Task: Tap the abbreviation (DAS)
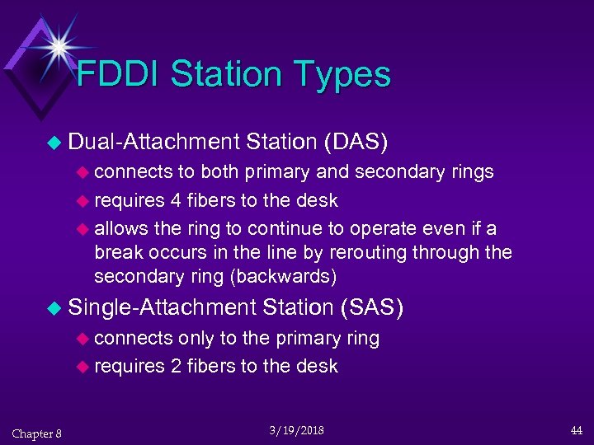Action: (x=356, y=142)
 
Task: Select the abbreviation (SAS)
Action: (x=371, y=307)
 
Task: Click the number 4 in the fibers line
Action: (x=177, y=201)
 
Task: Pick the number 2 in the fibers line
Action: (x=177, y=367)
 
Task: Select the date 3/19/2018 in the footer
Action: (x=296, y=430)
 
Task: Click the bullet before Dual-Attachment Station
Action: (x=54, y=143)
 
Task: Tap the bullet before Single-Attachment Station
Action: (x=54, y=309)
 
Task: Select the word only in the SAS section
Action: (x=196, y=339)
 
